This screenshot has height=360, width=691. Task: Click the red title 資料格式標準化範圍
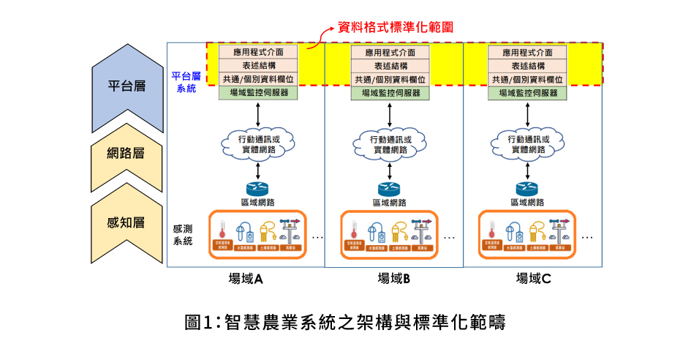(x=396, y=27)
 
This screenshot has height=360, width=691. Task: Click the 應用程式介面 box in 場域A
(x=259, y=52)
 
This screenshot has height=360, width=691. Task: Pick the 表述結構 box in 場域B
(x=387, y=66)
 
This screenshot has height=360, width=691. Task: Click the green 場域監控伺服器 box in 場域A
(x=259, y=93)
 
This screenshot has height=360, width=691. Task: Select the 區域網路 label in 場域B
(x=390, y=203)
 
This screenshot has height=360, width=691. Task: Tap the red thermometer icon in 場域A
(x=224, y=230)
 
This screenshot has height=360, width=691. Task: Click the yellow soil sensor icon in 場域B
(x=399, y=231)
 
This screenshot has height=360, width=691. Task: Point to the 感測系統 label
(x=183, y=235)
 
